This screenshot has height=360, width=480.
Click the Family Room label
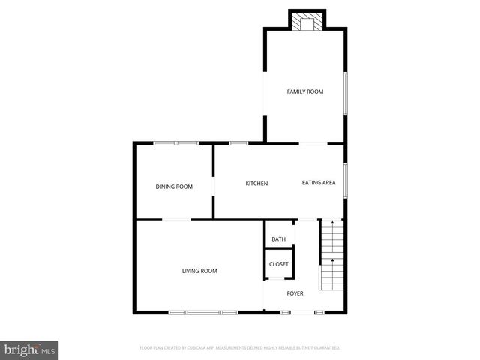305,91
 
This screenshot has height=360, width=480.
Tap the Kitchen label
257,184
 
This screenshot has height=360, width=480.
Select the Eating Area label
319,183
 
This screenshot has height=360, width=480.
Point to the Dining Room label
174,187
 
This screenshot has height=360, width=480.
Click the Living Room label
199,271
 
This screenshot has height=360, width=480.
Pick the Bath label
279,239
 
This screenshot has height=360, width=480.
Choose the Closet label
279,264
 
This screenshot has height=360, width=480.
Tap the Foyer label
295,293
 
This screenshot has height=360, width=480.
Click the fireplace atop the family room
306,22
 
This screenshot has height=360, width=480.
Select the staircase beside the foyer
331,254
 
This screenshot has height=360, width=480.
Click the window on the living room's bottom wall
202,311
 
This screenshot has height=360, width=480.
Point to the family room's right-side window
346,94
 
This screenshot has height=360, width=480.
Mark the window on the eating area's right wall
346,179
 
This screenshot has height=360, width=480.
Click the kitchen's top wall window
238,143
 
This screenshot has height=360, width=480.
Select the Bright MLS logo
30,349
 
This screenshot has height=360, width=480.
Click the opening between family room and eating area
312,143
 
